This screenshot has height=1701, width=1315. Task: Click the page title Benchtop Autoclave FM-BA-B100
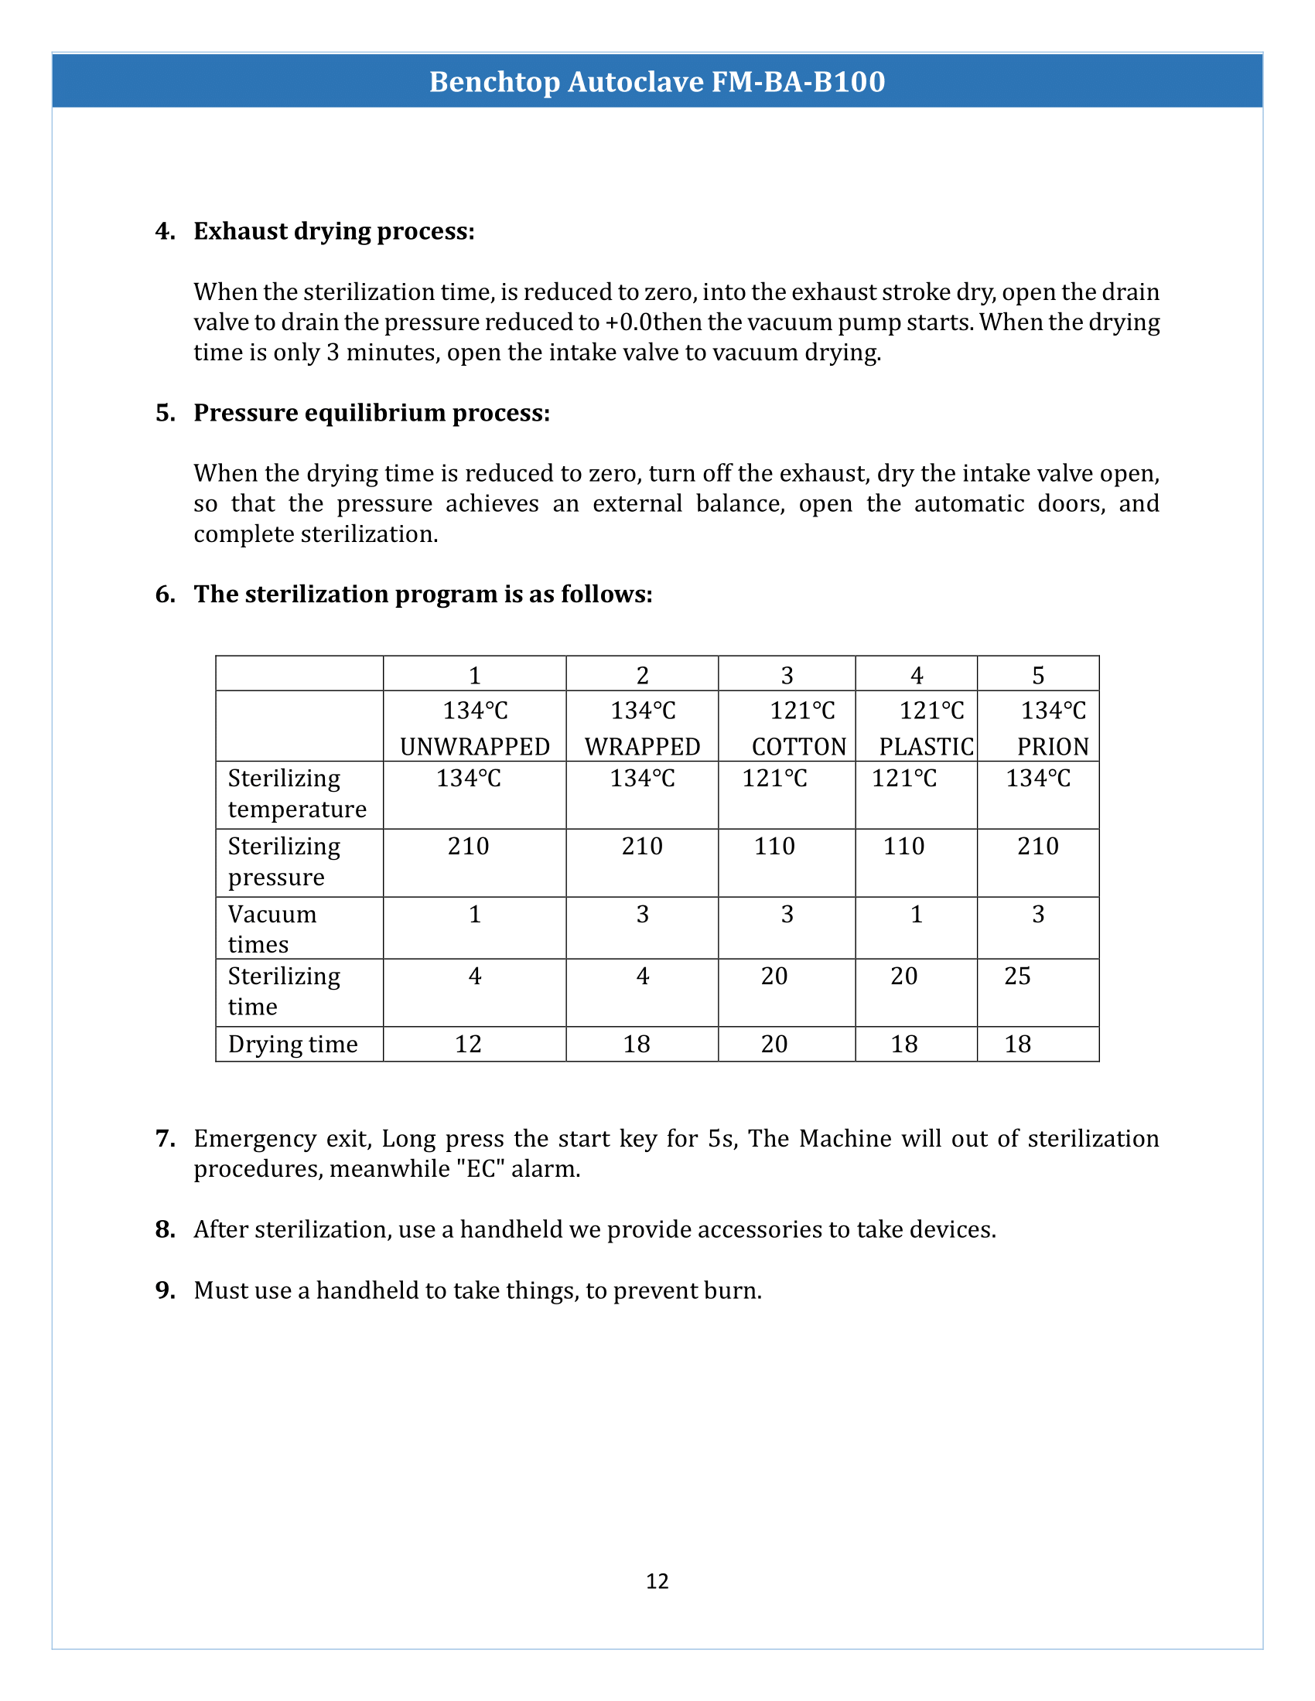(x=657, y=82)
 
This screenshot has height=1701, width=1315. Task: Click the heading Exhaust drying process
(x=333, y=231)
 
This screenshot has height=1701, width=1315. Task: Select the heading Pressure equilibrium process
(x=371, y=413)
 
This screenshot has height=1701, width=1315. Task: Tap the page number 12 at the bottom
(x=657, y=1580)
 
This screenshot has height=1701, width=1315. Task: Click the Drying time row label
(x=293, y=1044)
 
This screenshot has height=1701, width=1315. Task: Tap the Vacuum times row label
(x=272, y=929)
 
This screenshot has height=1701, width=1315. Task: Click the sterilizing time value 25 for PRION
(x=1017, y=976)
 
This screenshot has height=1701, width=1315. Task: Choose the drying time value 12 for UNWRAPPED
(x=468, y=1044)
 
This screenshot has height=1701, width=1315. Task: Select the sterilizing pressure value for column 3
(x=774, y=846)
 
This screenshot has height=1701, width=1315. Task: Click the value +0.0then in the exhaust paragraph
(x=654, y=322)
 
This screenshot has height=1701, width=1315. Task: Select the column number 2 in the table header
(x=642, y=675)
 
